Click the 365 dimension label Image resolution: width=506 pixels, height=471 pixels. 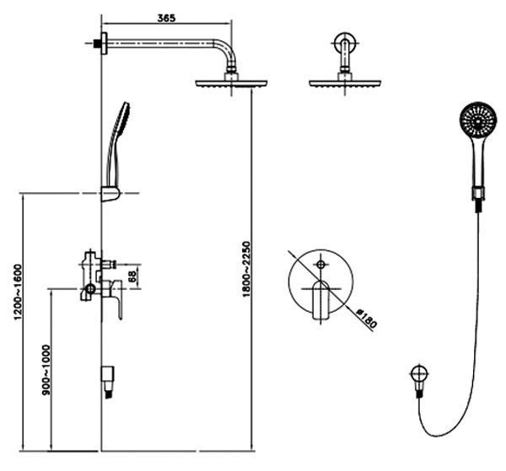coord(166,18)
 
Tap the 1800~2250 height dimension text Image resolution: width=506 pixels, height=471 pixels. coord(246,269)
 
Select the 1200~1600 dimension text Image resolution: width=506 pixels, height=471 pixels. coord(18,292)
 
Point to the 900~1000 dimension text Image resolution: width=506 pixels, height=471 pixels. coord(46,370)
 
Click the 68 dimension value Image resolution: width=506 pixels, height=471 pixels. coord(132,276)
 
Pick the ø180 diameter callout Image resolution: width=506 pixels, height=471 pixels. coord(367,318)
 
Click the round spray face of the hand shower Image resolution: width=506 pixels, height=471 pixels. coord(478,120)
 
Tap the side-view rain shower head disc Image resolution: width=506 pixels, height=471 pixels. coord(231,83)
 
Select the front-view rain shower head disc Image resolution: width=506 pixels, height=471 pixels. coord(345,83)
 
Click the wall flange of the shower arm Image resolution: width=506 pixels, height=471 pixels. coord(104,43)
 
